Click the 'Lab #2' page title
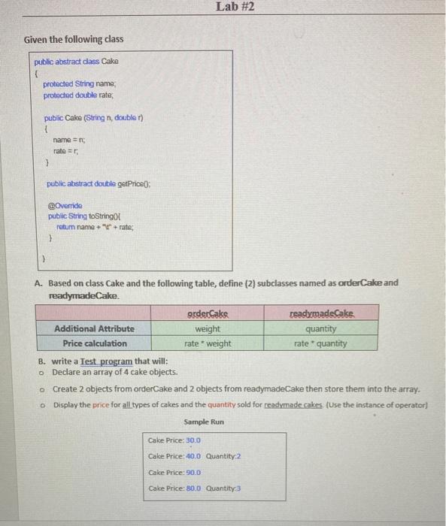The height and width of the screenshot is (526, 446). pyautogui.click(x=235, y=7)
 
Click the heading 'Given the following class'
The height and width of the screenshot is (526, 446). pyautogui.click(x=74, y=39)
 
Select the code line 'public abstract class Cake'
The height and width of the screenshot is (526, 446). pyautogui.click(x=77, y=62)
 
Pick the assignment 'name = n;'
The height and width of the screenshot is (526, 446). pyautogui.click(x=69, y=140)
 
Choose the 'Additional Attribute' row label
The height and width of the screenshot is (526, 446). pyautogui.click(x=94, y=328)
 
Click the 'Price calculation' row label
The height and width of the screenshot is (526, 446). pyautogui.click(x=95, y=343)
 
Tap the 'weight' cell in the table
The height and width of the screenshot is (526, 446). pyautogui.click(x=208, y=328)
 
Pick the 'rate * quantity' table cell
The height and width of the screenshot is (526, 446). pyautogui.click(x=320, y=343)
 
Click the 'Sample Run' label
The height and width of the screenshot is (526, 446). pyautogui.click(x=204, y=422)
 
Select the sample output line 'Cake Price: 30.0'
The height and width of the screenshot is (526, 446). pyautogui.click(x=174, y=440)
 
